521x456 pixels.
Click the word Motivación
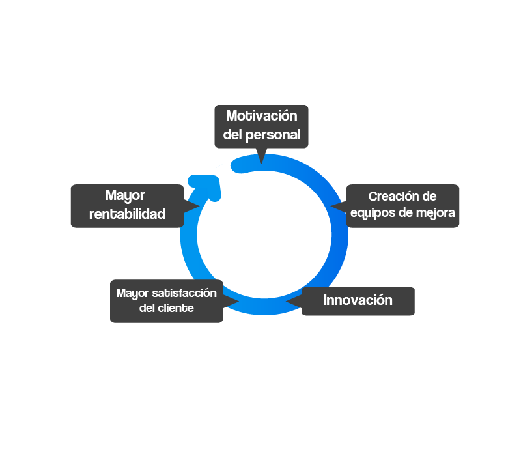coord(261,116)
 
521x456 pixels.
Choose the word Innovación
coord(358,300)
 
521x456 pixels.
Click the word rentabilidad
coord(127,214)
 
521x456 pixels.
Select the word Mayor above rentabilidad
coord(125,195)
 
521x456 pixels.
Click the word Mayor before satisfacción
coord(132,292)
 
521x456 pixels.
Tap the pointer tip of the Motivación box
coord(261,162)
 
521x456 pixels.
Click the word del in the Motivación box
coord(232,135)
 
